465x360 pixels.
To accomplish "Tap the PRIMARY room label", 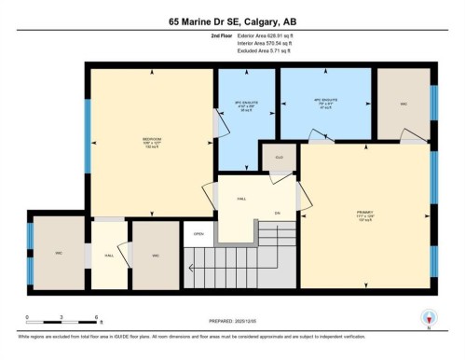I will (364, 214).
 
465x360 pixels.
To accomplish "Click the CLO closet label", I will (278, 159).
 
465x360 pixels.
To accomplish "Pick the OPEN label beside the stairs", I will (198, 233).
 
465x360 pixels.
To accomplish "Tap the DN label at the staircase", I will (277, 214).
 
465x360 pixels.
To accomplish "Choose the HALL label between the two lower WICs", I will (109, 254).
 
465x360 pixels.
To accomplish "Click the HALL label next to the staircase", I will (240, 200).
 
